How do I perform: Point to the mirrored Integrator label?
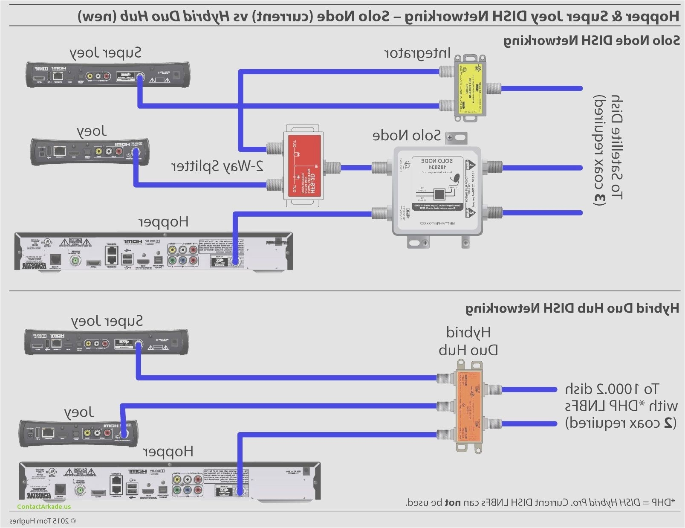pyautogui.click(x=417, y=53)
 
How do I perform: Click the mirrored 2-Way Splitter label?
pyautogui.click(x=217, y=166)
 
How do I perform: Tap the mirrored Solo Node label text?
pyautogui.click(x=406, y=136)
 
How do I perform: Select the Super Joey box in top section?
pyautogui.click(x=108, y=75)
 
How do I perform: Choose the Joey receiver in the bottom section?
pyautogui.click(x=79, y=433)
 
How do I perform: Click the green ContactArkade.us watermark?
pyautogui.click(x=44, y=507)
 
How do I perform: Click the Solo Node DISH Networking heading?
pyautogui.click(x=592, y=41)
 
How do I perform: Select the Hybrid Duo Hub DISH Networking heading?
pyautogui.click(x=572, y=308)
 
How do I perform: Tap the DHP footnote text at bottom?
pyautogui.click(x=540, y=502)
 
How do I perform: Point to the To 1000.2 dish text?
pyautogui.click(x=612, y=389)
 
